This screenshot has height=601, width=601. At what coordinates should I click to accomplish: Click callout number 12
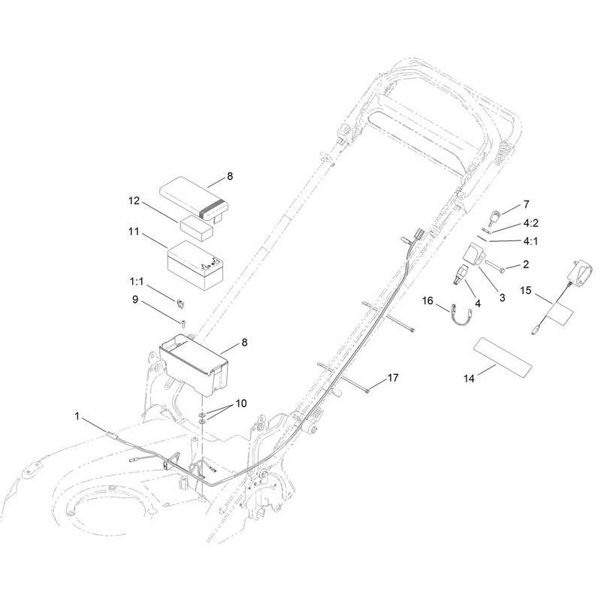[134, 201]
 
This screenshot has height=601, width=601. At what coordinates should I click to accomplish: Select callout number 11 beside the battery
[134, 231]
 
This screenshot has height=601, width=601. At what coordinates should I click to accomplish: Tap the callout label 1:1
[137, 282]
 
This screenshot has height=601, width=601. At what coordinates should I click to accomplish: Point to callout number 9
[135, 299]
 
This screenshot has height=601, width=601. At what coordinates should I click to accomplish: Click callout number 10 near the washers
[241, 403]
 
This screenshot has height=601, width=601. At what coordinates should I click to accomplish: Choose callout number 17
[393, 378]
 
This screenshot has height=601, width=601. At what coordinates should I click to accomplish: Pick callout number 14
[469, 379]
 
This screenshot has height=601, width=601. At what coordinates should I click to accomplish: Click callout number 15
[526, 291]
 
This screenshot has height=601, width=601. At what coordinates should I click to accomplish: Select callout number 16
[427, 300]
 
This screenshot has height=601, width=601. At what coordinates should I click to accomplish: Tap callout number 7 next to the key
[527, 204]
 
